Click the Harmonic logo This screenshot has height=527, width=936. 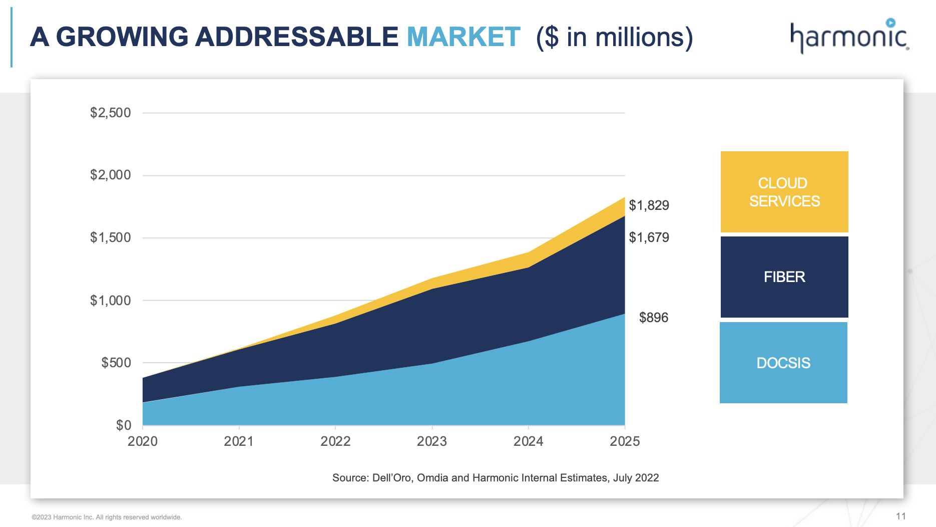click(849, 36)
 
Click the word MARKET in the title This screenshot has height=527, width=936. click(463, 37)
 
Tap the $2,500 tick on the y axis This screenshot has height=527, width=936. click(110, 113)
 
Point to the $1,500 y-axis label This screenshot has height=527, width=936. click(110, 237)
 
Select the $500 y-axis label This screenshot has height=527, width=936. click(116, 363)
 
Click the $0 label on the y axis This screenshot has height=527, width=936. click(124, 425)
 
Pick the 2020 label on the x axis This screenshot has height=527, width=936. click(143, 441)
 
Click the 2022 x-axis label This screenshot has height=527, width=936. click(335, 441)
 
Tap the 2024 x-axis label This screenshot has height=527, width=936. click(528, 441)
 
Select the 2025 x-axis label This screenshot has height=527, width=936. click(625, 441)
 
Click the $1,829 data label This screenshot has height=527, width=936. click(649, 205)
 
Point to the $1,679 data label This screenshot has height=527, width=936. click(649, 237)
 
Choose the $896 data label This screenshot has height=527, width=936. click(654, 318)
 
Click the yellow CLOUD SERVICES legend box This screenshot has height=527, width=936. click(784, 192)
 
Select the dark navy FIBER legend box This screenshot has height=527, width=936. click(784, 277)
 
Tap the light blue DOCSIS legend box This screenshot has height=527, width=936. click(783, 363)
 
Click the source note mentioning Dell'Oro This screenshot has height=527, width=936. click(496, 478)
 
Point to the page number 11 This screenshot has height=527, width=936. click(901, 516)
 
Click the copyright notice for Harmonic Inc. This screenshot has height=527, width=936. click(107, 517)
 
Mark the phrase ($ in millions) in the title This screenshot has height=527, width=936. click(614, 38)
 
